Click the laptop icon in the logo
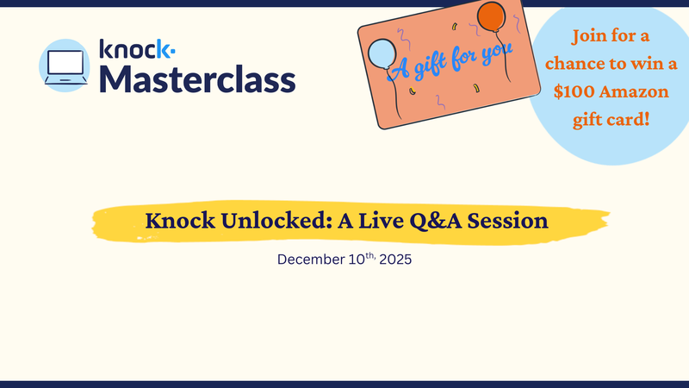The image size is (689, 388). [x=65, y=64]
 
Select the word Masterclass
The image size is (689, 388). [x=197, y=78]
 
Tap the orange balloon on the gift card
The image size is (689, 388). [x=490, y=16]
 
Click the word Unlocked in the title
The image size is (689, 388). [x=264, y=221]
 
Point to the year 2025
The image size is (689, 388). [x=393, y=260]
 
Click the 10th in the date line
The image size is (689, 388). [x=357, y=259]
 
